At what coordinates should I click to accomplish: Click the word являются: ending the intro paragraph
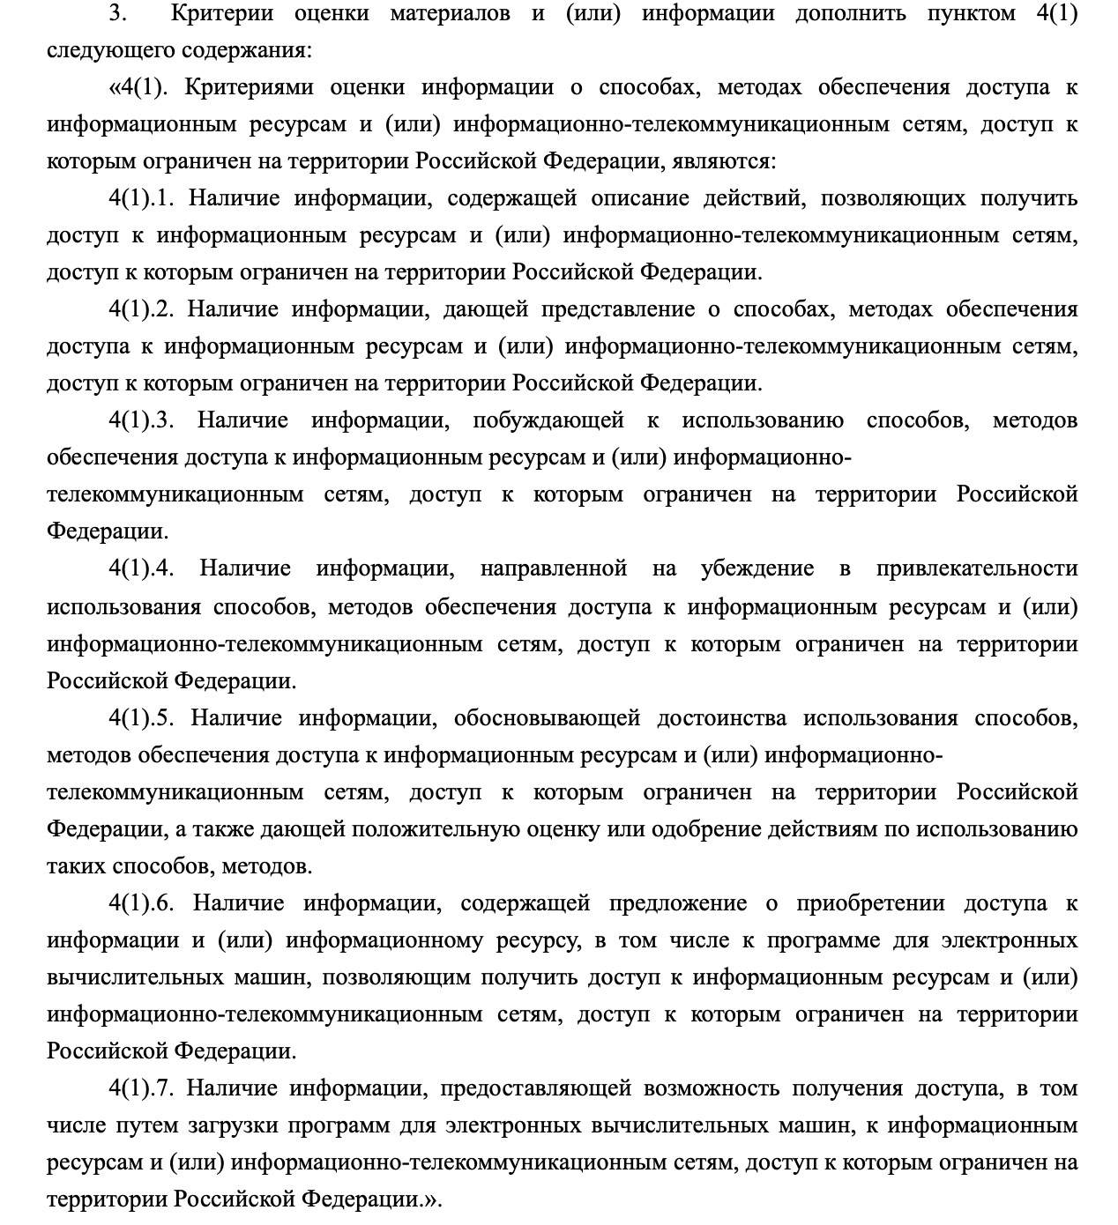[x=724, y=162]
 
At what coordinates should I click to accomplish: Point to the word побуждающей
[x=548, y=421]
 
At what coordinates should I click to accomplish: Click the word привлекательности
[x=977, y=569]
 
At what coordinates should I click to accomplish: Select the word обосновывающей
[x=547, y=719]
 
